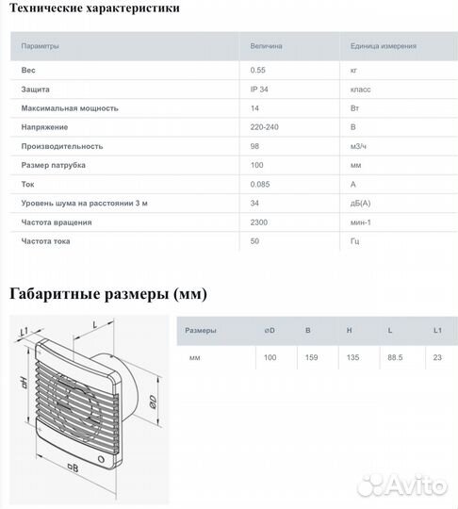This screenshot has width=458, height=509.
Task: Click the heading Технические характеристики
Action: pyautogui.click(x=93, y=9)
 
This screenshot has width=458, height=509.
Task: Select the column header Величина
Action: pyautogui.click(x=266, y=45)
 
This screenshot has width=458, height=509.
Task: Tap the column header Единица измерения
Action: pyautogui.click(x=383, y=45)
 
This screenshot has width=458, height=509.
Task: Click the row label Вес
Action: pyautogui.click(x=29, y=70)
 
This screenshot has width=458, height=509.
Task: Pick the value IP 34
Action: pyautogui.click(x=261, y=90)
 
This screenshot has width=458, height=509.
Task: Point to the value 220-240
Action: pyautogui.click(x=265, y=127)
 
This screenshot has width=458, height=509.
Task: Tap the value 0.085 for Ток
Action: pyautogui.click(x=261, y=185)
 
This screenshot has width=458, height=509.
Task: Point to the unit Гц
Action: pyautogui.click(x=355, y=241)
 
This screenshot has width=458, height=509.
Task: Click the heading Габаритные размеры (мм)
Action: pyautogui.click(x=107, y=294)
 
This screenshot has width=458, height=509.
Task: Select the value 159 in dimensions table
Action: pyautogui.click(x=312, y=358)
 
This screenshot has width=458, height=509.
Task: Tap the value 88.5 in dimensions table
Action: pyautogui.click(x=393, y=358)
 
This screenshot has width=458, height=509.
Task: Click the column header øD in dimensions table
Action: pyautogui.click(x=270, y=331)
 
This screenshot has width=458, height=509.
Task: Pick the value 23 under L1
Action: pyautogui.click(x=437, y=358)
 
